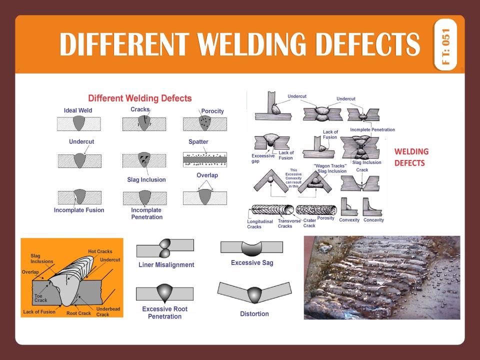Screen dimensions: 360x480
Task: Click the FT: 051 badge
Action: (x=446, y=44)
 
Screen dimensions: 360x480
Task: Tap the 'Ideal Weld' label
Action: (x=78, y=110)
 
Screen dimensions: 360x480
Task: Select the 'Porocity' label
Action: (x=212, y=111)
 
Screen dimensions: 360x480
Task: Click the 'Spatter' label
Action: (x=198, y=142)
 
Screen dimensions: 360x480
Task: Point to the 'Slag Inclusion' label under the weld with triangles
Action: (x=146, y=179)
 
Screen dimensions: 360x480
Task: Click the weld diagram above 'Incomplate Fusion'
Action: (x=79, y=197)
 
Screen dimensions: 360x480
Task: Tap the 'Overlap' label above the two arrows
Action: (x=207, y=175)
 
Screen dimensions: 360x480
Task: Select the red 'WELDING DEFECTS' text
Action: (x=411, y=157)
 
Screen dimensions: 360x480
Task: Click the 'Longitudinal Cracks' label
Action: (x=260, y=224)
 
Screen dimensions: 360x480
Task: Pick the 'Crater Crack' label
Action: (x=309, y=223)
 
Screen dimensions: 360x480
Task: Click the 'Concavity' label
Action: (x=373, y=220)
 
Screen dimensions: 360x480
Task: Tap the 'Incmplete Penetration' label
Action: (x=372, y=130)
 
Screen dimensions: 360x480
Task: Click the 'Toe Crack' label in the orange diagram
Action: (x=41, y=298)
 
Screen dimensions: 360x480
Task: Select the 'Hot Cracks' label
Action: (x=100, y=251)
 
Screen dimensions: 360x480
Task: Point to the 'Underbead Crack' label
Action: (x=108, y=311)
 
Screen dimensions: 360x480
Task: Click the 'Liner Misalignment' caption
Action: (x=166, y=265)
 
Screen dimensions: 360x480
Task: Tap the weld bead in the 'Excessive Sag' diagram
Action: (x=251, y=248)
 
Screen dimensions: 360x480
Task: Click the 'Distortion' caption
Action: (x=254, y=314)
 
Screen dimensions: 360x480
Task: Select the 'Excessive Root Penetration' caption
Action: (x=164, y=312)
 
